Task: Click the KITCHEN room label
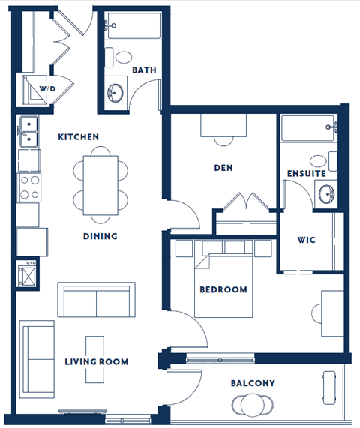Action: [x=79, y=137]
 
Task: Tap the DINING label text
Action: [x=100, y=237]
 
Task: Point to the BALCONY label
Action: [x=253, y=383]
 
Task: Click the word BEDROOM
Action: [x=223, y=289]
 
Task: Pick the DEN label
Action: [x=223, y=168]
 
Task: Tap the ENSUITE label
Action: [x=306, y=173]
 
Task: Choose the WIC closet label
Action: [x=307, y=241]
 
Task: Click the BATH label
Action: [x=143, y=70]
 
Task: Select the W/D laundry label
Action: [x=47, y=88]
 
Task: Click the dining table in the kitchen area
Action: [x=100, y=183]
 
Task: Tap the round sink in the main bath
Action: [x=115, y=92]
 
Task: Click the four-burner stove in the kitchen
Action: [x=28, y=187]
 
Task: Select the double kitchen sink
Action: [x=28, y=131]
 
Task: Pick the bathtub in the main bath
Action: [x=131, y=28]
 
